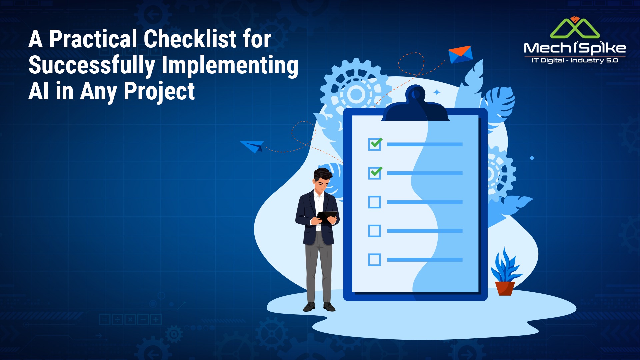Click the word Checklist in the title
click(190, 39)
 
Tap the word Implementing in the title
click(230, 66)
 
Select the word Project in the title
click(159, 92)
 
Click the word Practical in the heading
click(93, 39)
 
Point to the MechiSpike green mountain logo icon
click(575, 28)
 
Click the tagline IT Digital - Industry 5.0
click(575, 60)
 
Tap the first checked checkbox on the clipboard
click(375, 144)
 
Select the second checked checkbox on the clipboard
click(375, 173)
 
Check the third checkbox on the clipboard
click(374, 202)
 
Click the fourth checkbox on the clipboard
click(374, 231)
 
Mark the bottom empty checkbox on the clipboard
click(374, 260)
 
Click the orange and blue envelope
click(460, 54)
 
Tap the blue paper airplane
click(252, 146)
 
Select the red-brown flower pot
click(505, 288)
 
